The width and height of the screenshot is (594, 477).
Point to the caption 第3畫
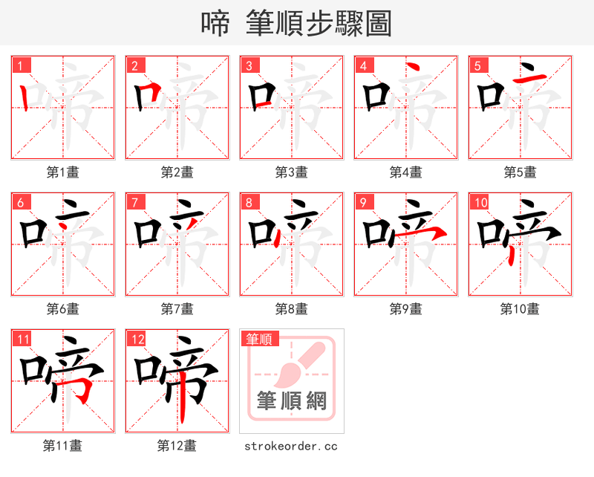click(291, 172)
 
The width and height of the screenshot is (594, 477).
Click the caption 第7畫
click(177, 309)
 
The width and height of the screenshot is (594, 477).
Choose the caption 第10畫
click(520, 309)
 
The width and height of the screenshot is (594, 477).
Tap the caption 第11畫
click(62, 446)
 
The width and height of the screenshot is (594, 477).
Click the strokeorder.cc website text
click(291, 446)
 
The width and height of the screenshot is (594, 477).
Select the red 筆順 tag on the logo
click(259, 339)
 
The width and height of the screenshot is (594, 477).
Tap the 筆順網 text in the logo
click(292, 401)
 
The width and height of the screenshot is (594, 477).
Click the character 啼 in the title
click(215, 24)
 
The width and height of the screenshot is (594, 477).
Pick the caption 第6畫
click(62, 309)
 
